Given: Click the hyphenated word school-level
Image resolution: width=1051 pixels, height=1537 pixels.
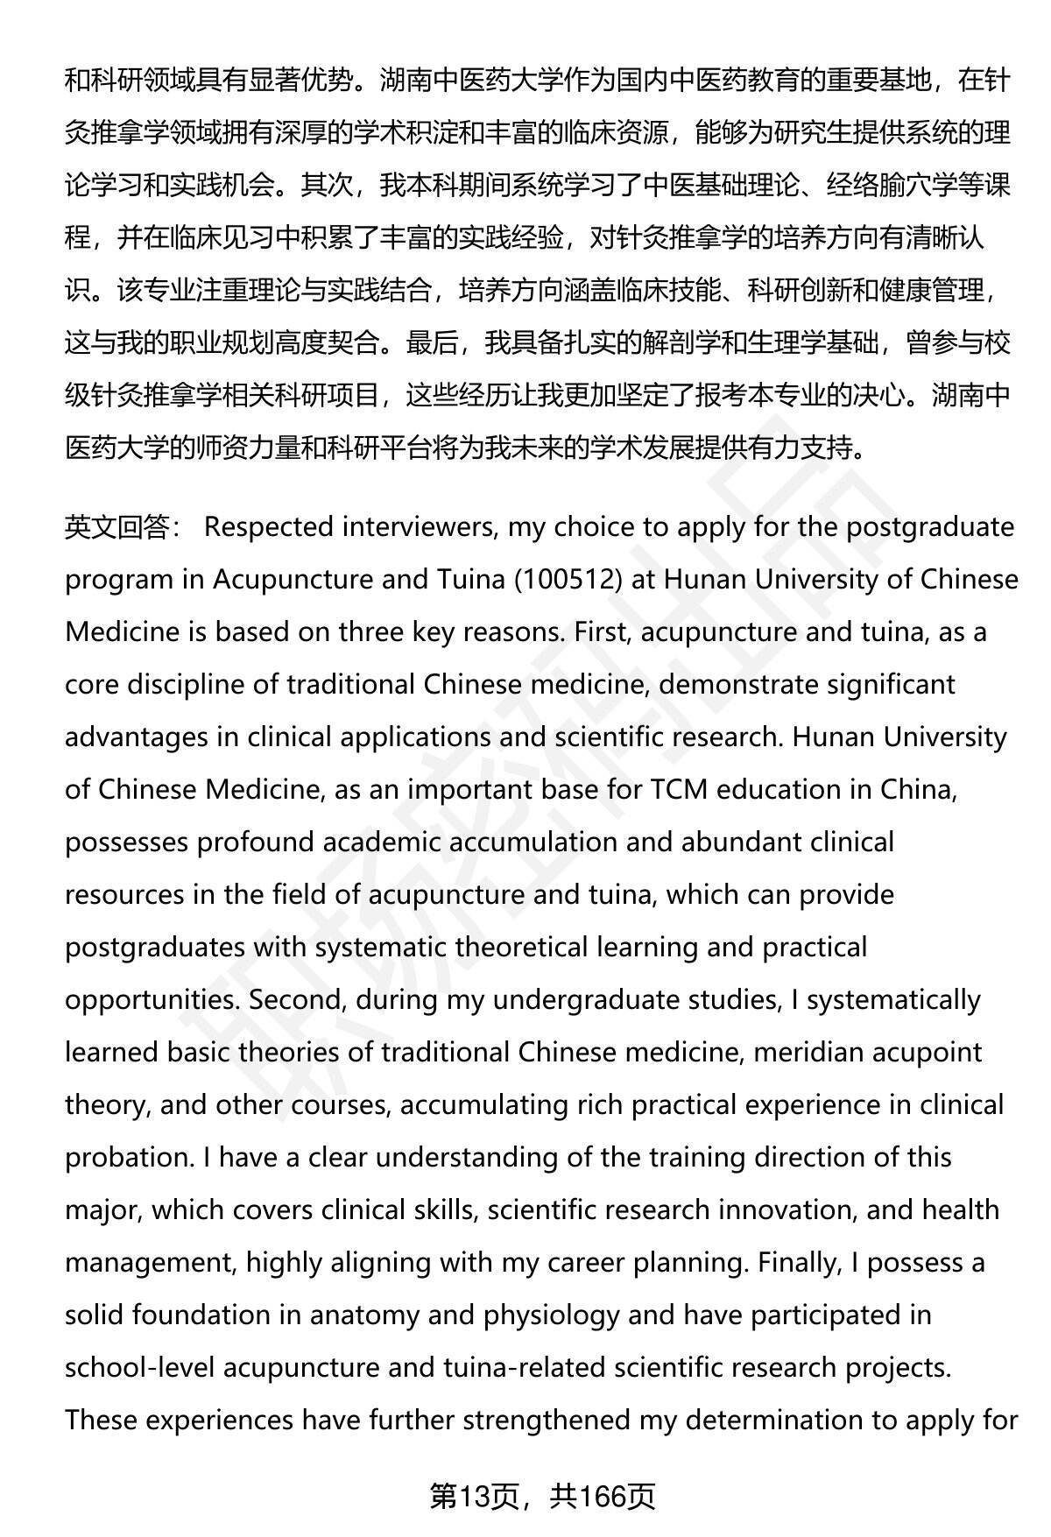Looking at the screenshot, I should (x=139, y=1368).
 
